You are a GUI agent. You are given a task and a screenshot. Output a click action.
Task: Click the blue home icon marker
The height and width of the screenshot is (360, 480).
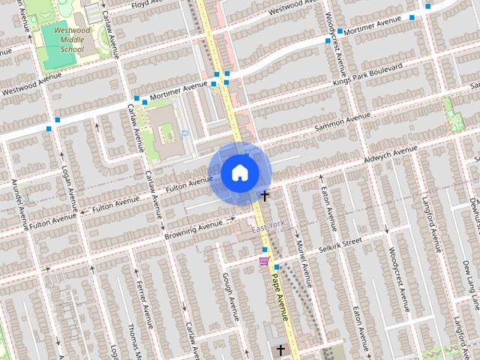239,173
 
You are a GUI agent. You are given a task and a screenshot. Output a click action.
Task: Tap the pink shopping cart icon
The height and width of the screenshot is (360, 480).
263,261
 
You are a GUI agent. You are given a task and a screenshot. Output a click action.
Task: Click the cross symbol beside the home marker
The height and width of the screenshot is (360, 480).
264,196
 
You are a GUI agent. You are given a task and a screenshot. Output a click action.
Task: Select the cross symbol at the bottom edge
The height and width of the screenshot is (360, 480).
281,350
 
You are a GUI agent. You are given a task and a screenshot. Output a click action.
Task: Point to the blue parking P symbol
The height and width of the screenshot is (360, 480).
184,134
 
